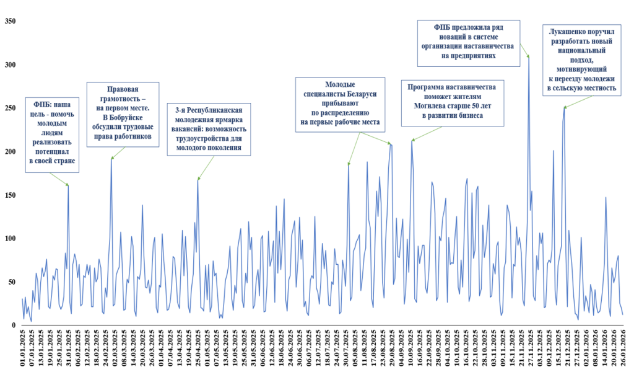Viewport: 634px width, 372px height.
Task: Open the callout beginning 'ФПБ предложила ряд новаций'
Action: tap(468, 42)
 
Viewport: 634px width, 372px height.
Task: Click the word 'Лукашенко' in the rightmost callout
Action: tap(568, 30)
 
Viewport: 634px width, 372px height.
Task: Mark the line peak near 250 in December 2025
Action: tap(564, 107)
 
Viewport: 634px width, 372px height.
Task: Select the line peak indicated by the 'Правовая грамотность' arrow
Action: tap(111, 158)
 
